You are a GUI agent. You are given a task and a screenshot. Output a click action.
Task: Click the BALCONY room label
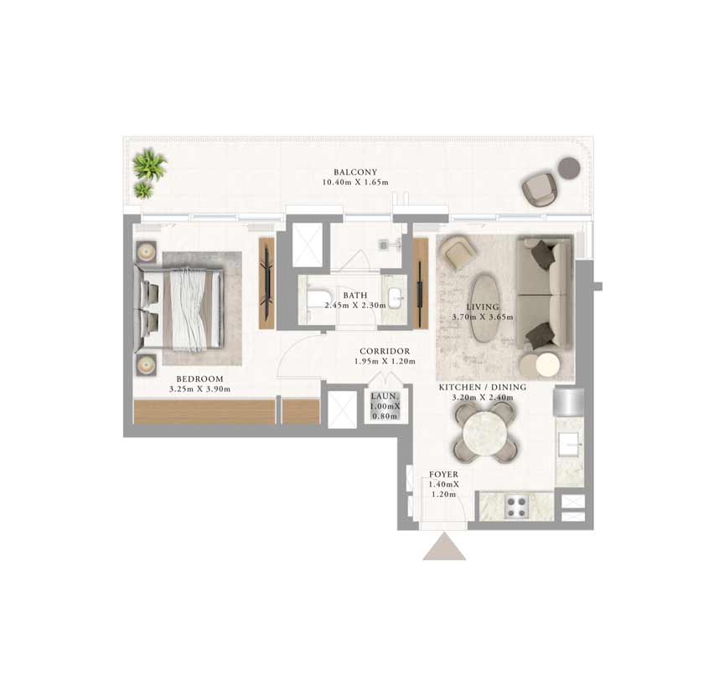point(355,172)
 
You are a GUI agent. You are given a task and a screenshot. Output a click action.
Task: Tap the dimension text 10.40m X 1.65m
point(355,183)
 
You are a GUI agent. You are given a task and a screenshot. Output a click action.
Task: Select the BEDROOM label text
point(200,379)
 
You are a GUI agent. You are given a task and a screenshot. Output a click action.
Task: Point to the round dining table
point(484,432)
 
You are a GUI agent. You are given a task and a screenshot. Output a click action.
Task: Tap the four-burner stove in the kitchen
point(516,507)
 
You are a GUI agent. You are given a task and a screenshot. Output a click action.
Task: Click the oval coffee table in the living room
point(485,307)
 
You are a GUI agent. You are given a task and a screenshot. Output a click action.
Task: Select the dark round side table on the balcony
point(569,168)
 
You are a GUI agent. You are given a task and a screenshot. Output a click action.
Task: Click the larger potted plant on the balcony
point(150,164)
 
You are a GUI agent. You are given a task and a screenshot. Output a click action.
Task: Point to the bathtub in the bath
point(316,300)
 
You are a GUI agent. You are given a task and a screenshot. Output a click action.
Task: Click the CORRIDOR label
point(385,351)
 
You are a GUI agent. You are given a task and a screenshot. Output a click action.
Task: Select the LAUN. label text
point(385,396)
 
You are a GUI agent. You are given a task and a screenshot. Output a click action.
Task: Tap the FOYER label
point(443,474)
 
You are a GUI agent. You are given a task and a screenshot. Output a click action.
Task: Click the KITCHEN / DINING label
point(483,387)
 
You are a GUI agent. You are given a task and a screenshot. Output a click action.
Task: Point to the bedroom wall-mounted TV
point(267,283)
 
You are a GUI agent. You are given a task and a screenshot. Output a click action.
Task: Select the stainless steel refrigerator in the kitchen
point(569,401)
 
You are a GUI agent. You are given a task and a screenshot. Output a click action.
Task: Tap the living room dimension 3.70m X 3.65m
point(483,317)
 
